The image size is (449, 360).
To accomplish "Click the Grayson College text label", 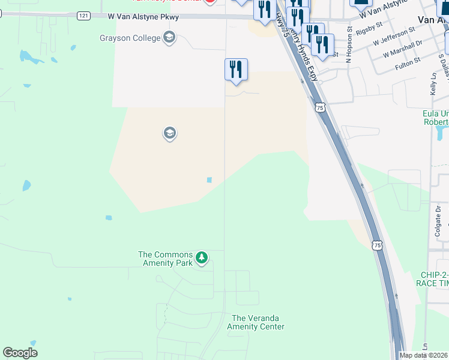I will click(x=130, y=38).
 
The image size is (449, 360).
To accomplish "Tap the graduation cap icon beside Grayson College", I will click(x=169, y=38).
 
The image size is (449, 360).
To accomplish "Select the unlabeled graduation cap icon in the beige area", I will click(x=169, y=133).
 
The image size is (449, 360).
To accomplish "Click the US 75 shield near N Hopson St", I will click(x=320, y=107).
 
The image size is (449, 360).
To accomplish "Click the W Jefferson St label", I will click(x=394, y=36).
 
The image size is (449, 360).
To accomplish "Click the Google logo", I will click(x=20, y=353).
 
